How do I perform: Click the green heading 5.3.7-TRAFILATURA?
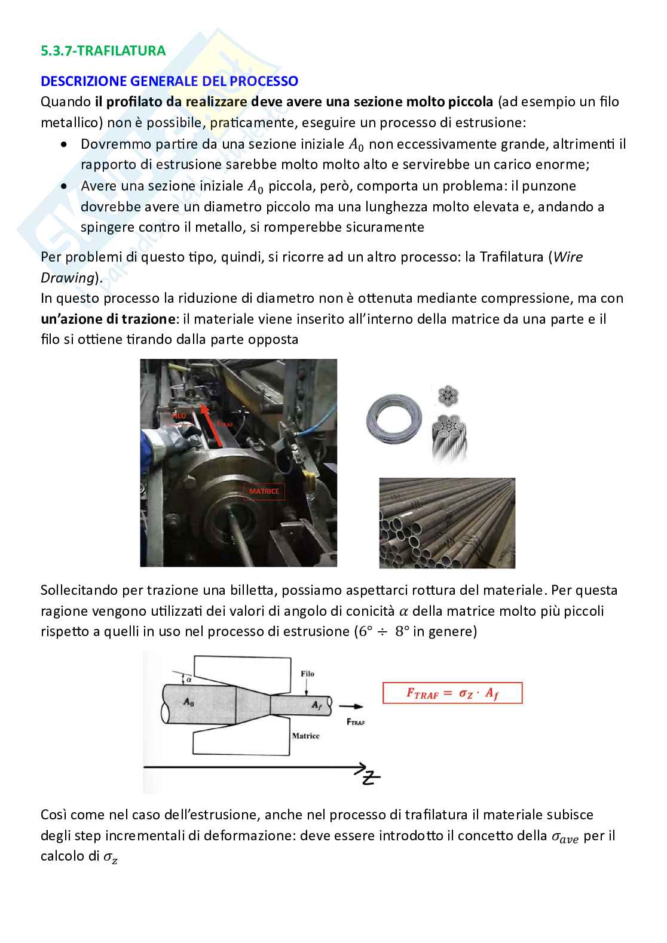103,51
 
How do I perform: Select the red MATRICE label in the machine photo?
264,492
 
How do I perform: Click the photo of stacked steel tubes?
447,523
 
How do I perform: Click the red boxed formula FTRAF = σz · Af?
452,694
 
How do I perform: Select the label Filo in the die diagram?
307,674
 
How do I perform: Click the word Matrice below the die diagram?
305,736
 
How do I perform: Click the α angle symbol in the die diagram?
189,679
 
